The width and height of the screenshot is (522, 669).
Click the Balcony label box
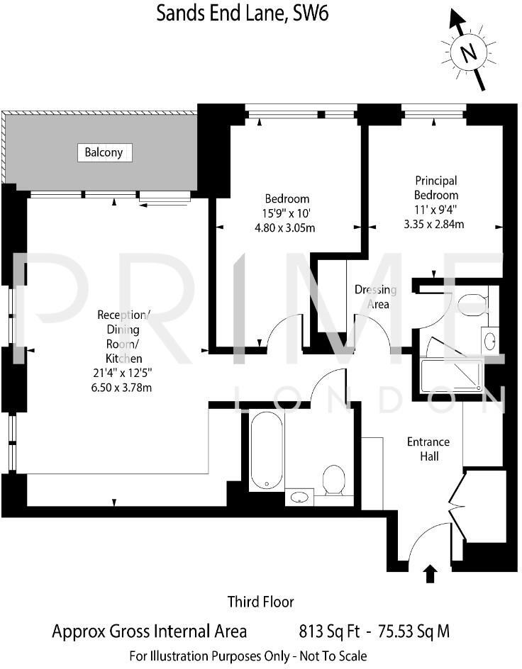[104, 152]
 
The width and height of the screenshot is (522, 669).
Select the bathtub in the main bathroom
[267, 451]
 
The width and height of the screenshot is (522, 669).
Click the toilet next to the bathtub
[333, 480]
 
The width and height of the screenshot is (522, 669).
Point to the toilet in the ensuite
[470, 305]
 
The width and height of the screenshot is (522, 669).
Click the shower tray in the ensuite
[451, 375]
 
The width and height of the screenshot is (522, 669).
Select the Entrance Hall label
[428, 449]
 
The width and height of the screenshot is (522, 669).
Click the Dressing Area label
[375, 297]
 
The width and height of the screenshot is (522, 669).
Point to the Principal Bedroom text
[437, 188]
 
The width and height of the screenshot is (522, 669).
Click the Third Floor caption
[260, 602]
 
